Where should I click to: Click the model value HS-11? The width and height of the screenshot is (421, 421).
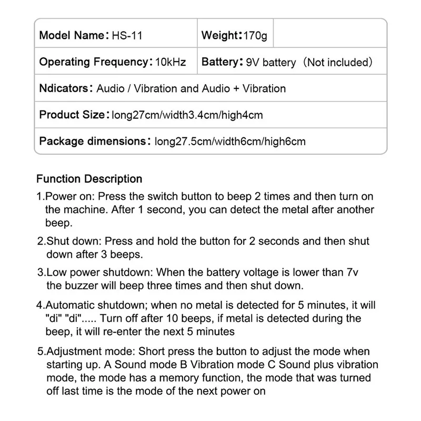(x=127, y=36)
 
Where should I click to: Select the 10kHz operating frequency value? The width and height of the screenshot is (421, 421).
(x=171, y=62)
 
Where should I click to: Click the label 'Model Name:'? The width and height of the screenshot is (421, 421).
(x=72, y=36)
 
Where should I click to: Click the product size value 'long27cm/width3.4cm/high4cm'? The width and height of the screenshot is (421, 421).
(x=187, y=115)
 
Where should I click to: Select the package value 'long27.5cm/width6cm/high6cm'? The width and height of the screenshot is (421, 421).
(x=229, y=142)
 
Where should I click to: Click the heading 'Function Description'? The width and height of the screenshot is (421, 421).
(x=89, y=179)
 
